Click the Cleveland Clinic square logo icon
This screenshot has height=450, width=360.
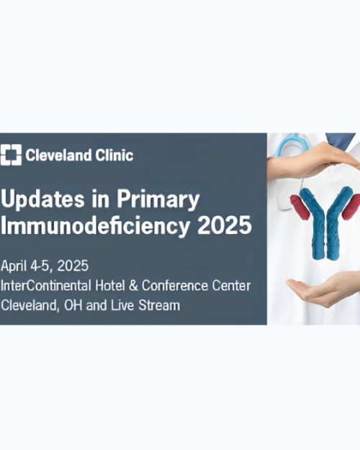(x=12, y=155)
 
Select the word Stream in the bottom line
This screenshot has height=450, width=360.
(x=161, y=305)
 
